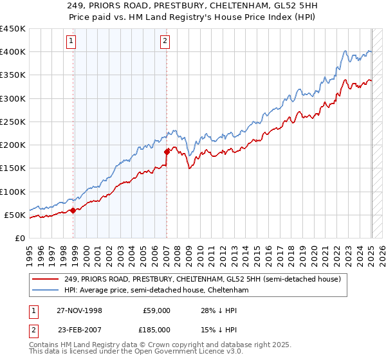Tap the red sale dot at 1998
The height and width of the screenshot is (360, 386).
(73, 210)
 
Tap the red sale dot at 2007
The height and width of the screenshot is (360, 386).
(167, 152)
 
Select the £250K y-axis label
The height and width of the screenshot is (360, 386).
(13, 122)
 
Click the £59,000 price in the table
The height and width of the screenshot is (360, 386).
(156, 310)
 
